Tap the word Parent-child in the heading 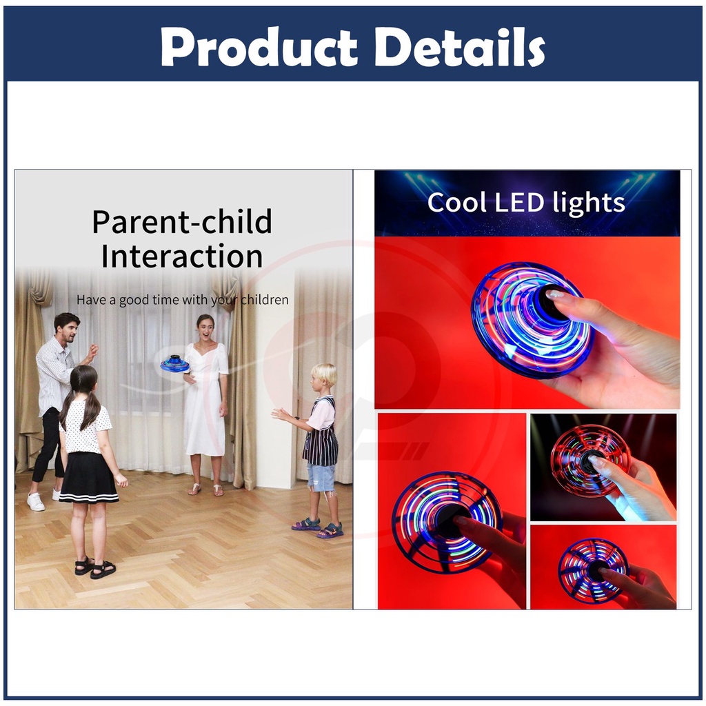click(x=182, y=221)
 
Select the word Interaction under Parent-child click(x=182, y=256)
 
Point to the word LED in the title click(x=520, y=203)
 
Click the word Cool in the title click(x=456, y=203)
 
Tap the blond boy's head click(x=325, y=376)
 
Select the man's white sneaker click(x=36, y=502)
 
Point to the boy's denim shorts click(x=321, y=477)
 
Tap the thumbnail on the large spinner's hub click(x=555, y=294)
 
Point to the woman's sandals click(x=205, y=490)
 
